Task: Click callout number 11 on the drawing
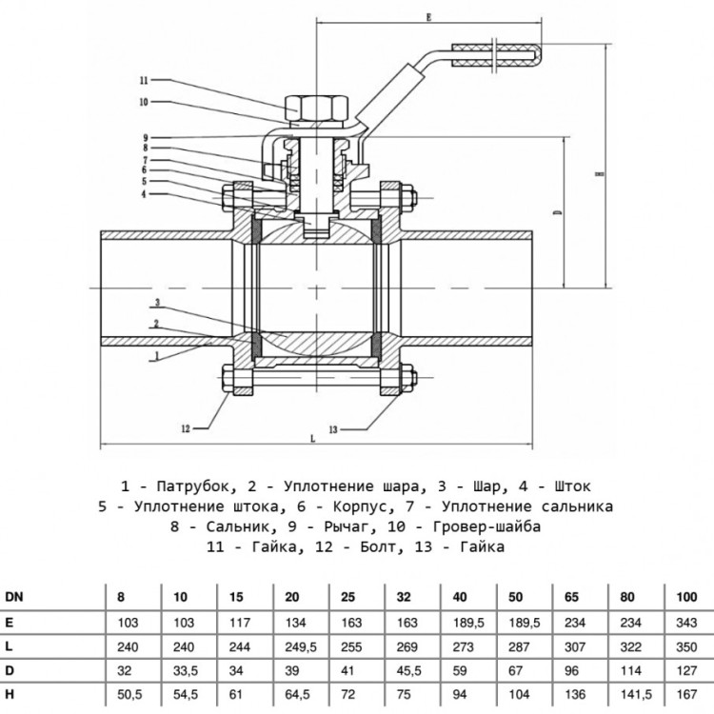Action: [x=144, y=81]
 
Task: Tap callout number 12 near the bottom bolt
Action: [x=186, y=428]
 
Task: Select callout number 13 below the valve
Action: [x=333, y=429]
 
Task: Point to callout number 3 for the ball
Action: [x=157, y=303]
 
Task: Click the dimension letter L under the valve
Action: [x=312, y=439]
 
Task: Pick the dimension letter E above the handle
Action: [x=428, y=17]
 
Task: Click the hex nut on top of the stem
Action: [x=316, y=108]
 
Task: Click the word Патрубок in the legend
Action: [x=193, y=486]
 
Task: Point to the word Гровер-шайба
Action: [x=486, y=526]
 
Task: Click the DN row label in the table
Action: [x=14, y=597]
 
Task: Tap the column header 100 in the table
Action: [x=686, y=597]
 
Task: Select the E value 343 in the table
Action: [x=686, y=622]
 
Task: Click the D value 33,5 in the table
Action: [x=186, y=671]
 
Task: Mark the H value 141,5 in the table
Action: [x=637, y=694]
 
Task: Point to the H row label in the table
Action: [x=10, y=694]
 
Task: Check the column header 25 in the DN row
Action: [x=347, y=597]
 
